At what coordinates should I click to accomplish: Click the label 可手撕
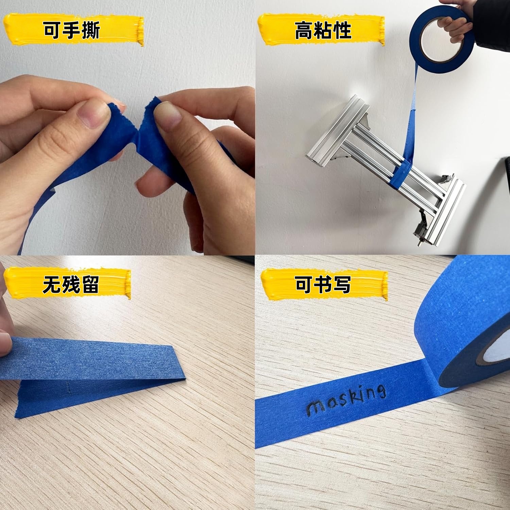(72, 30)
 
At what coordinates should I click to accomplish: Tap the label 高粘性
(323, 30)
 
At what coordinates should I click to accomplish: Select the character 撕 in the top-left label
(90, 30)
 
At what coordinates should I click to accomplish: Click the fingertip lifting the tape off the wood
(5, 340)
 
